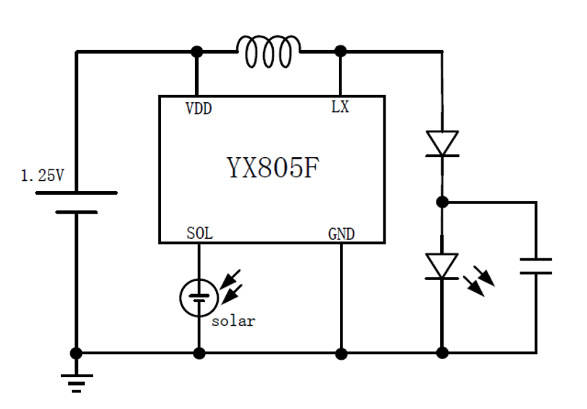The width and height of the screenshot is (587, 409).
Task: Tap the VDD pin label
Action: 199,108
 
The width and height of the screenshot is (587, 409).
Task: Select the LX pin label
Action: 340,108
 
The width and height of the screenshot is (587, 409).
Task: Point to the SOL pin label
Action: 199,234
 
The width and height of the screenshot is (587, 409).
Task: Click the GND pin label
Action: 341,234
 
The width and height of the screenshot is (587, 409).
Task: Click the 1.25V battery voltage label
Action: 41,175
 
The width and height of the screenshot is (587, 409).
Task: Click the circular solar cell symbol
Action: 198,296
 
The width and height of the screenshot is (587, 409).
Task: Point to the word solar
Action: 233,321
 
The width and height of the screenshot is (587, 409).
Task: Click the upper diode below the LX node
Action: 441,143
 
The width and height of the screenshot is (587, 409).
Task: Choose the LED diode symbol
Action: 441,266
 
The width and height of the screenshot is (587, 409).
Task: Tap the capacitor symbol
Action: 536,266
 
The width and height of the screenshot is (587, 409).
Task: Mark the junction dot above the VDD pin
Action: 196,51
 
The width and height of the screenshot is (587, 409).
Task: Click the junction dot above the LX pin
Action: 341,51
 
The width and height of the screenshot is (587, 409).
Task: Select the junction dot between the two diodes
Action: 441,202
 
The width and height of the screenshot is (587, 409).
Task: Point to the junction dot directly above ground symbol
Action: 75,353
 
